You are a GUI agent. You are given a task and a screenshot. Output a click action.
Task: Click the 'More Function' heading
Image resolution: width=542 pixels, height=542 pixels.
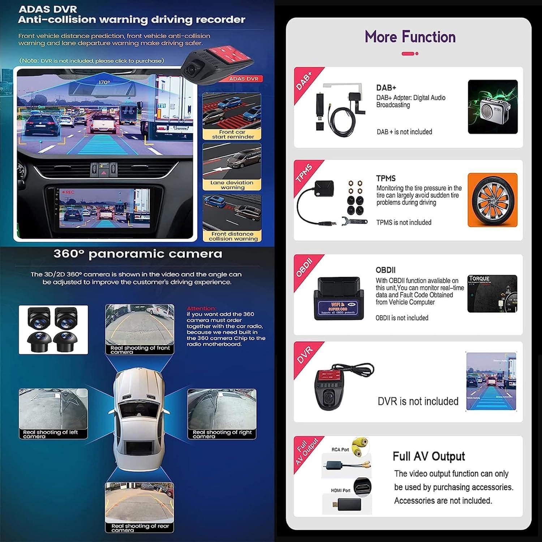410,37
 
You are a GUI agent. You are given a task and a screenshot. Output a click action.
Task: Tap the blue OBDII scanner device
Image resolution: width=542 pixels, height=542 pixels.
339,298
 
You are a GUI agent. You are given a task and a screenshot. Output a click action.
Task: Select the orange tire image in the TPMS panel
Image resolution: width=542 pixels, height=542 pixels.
492,200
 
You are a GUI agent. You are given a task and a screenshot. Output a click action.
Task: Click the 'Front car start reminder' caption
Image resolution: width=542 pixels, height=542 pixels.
232,134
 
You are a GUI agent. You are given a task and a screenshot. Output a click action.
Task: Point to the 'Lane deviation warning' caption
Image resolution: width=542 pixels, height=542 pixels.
232,185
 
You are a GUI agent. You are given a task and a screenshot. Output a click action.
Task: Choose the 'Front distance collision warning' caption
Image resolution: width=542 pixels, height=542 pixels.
233,236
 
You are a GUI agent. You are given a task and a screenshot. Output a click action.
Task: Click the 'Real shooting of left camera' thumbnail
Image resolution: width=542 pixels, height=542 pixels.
53,413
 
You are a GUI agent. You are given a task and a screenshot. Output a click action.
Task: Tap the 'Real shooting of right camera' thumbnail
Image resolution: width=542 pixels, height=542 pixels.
222,413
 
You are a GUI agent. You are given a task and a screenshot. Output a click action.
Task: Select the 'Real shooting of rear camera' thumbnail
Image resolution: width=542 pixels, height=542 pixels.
139,507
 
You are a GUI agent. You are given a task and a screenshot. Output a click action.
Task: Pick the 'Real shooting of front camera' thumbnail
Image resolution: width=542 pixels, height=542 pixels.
139,329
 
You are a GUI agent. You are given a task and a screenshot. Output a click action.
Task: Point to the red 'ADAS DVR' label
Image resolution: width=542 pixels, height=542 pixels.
244,79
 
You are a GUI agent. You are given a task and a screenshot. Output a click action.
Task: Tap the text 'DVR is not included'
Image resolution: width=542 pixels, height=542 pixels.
418,401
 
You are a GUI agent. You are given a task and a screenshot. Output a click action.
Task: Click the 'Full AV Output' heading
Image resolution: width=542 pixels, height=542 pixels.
429,456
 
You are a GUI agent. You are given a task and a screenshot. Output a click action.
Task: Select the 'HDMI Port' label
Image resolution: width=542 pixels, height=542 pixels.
340,490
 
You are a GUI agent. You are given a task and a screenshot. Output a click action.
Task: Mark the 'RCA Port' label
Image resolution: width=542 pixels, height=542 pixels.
340,449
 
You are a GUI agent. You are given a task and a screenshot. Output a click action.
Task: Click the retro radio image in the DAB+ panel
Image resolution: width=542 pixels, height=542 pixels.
492,107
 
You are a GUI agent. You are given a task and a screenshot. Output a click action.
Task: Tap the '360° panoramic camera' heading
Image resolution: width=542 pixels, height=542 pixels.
138,254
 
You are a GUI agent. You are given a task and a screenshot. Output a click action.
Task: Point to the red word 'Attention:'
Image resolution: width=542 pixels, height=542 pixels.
202,308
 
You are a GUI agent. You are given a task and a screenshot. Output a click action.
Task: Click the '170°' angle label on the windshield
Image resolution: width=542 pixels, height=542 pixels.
104,83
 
